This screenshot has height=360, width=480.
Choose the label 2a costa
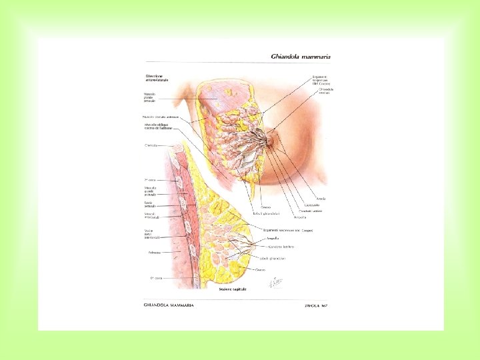pos(150,180)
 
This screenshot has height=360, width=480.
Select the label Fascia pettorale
pos(151,204)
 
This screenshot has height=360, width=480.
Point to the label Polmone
pos(151,253)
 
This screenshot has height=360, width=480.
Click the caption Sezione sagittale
pos(233,290)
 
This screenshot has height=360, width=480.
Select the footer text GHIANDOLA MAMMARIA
pos(169,305)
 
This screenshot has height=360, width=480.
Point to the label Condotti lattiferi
pos(311,211)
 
